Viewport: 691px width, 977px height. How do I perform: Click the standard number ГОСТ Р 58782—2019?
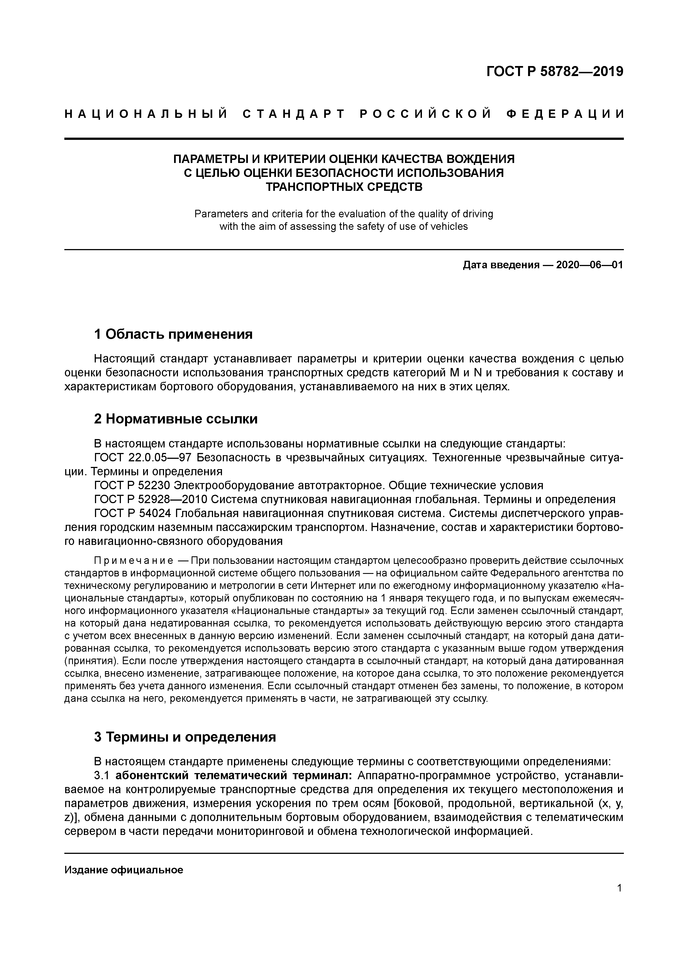(555, 72)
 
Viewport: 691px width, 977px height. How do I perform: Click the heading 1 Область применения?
(173, 335)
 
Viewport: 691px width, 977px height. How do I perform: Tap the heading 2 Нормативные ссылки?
(176, 419)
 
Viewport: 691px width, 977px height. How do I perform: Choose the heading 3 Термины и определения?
(185, 737)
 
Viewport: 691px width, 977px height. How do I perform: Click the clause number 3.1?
(102, 776)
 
